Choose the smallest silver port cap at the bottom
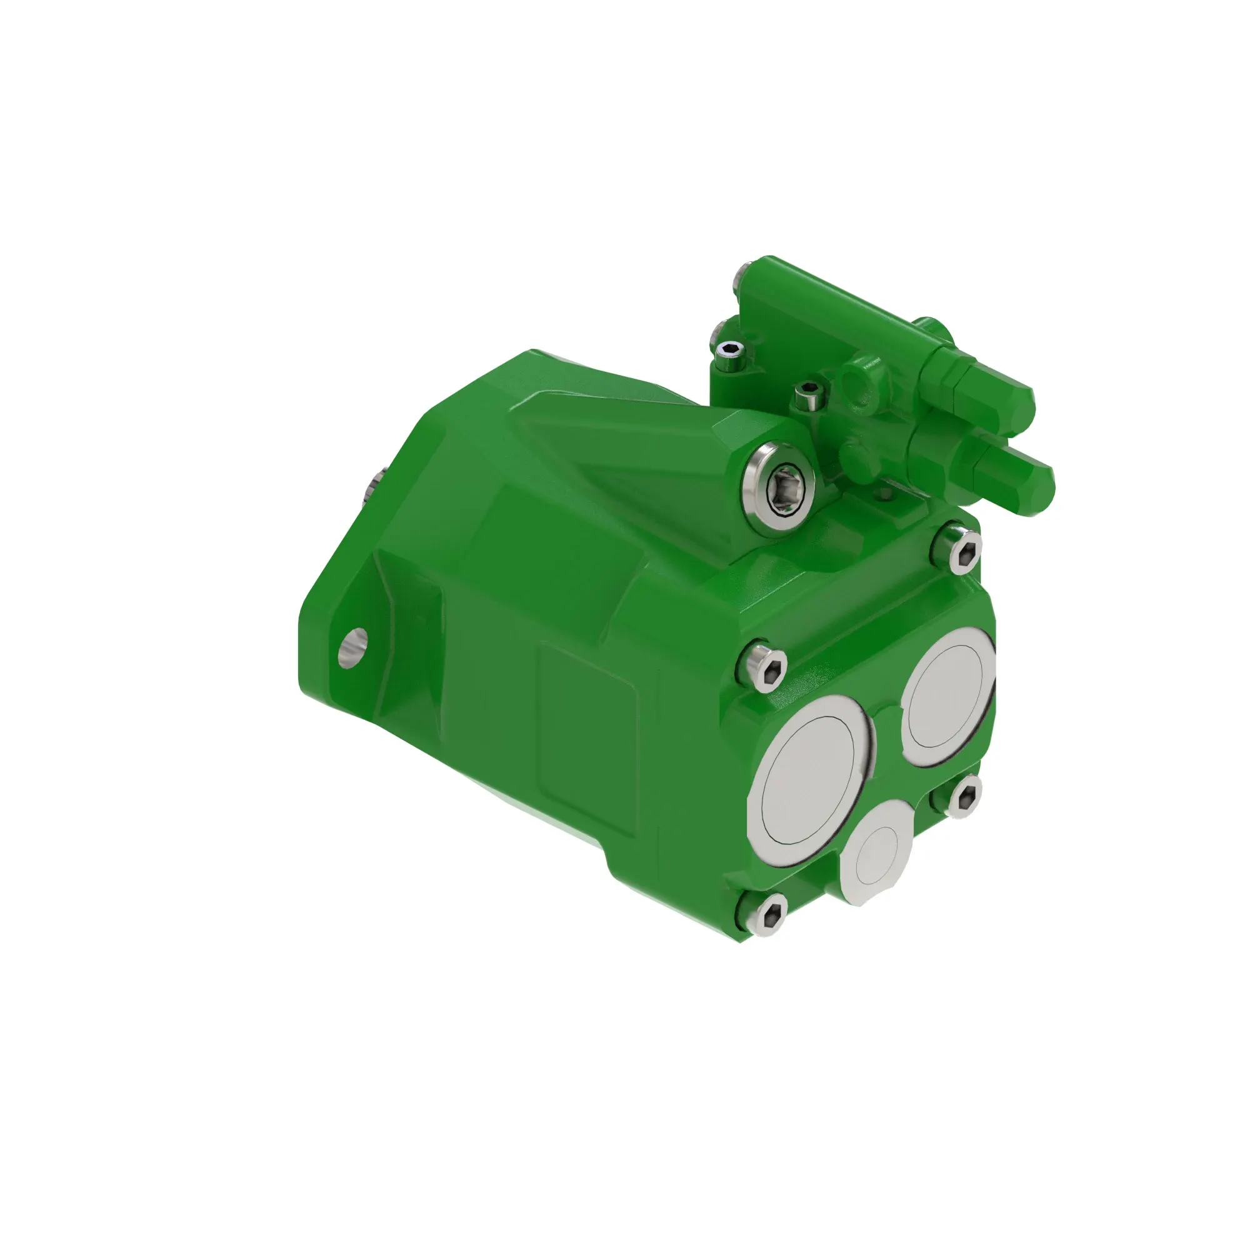(877, 845)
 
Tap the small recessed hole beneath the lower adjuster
(885, 494)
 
